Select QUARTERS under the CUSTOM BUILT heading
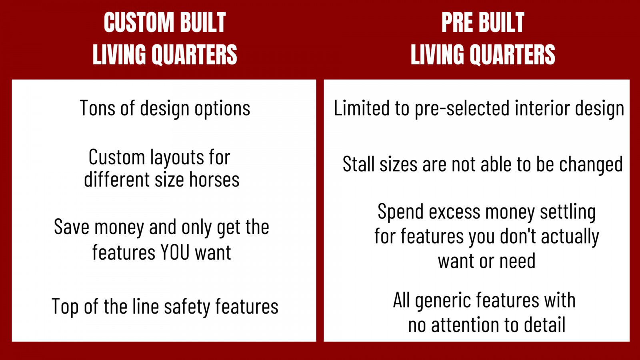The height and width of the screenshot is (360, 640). [194, 55]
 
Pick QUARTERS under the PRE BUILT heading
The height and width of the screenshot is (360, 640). [513, 55]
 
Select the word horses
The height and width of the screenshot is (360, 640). [214, 180]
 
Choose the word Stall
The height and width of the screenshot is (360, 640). [358, 164]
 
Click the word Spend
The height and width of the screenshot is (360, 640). [401, 212]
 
